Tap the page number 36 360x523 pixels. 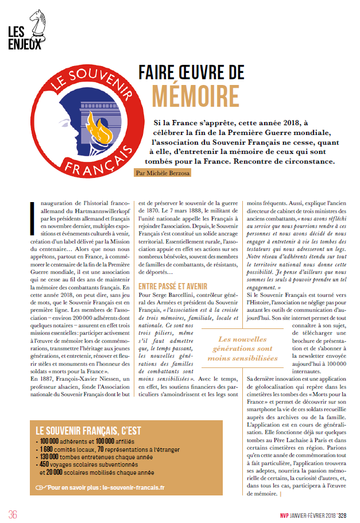[13, 513]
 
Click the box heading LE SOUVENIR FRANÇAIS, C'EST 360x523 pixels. [88, 430]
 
